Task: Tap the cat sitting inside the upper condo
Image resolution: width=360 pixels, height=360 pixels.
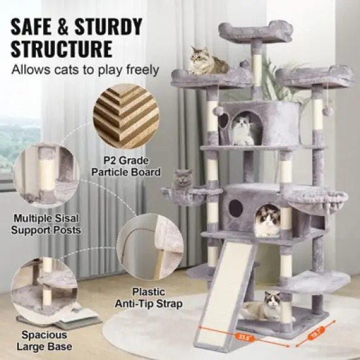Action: click(x=243, y=129)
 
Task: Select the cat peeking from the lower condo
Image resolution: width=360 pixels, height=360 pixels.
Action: click(x=268, y=221)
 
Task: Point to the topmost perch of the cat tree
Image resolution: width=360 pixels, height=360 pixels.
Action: click(x=255, y=31)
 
